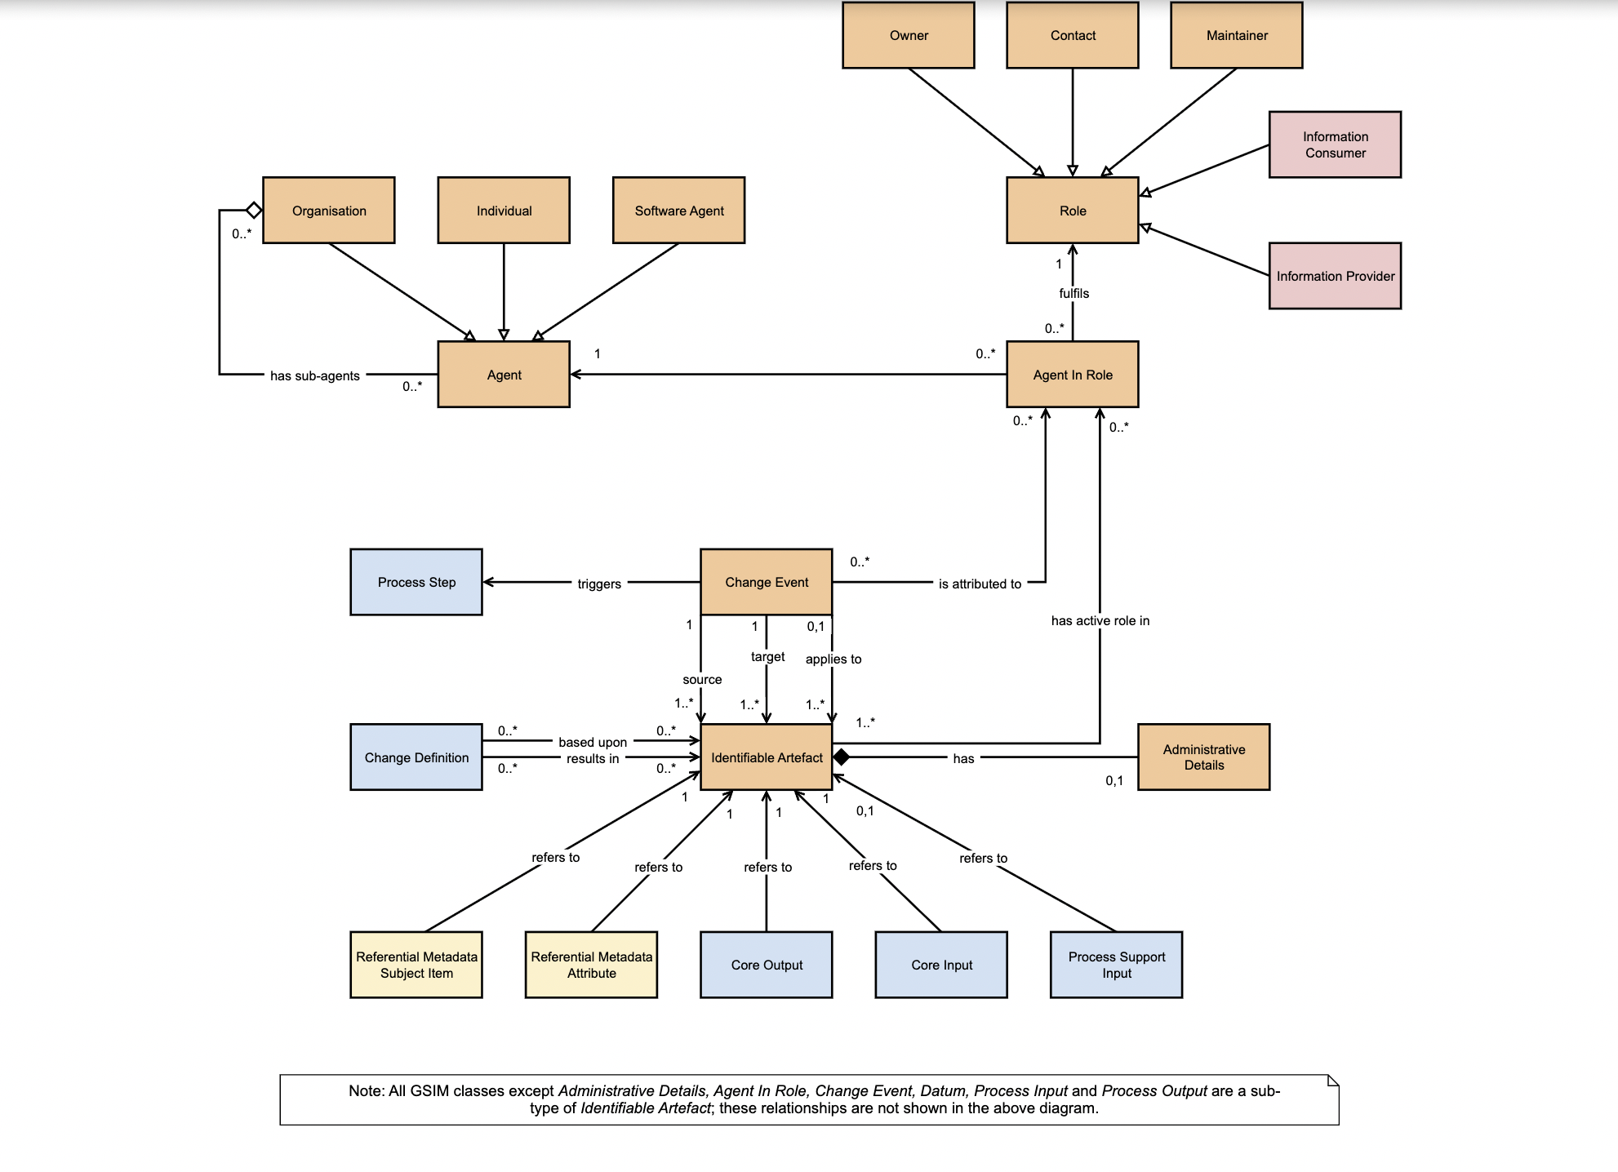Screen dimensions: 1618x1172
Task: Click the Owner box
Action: click(x=909, y=35)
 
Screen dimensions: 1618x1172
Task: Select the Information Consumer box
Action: click(x=1335, y=144)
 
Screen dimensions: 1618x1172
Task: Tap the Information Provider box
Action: click(x=1335, y=276)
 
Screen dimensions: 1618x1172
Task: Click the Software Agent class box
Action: click(x=678, y=211)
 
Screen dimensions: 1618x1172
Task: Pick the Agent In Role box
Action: click(x=1073, y=375)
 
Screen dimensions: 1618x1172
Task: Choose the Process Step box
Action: click(x=416, y=582)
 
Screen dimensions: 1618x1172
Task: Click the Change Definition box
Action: click(x=416, y=757)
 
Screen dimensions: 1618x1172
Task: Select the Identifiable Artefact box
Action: click(x=767, y=757)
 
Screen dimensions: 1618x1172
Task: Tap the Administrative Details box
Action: click(x=1204, y=757)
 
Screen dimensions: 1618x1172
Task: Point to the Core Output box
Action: click(x=767, y=965)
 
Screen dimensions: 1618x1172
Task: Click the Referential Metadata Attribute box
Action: click(x=591, y=965)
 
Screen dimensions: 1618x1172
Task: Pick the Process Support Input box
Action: click(x=1116, y=965)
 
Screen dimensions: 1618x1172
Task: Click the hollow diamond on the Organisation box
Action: click(x=254, y=211)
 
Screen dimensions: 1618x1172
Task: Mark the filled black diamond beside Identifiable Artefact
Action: click(x=842, y=757)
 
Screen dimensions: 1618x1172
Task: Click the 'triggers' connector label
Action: click(x=599, y=584)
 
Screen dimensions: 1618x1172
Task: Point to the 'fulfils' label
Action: click(x=1073, y=293)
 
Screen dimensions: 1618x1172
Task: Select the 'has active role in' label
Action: click(x=1100, y=620)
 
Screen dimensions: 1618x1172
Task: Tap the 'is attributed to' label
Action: click(x=980, y=584)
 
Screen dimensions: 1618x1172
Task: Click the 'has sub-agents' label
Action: click(x=314, y=375)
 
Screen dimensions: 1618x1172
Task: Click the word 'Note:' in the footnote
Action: click(x=367, y=1091)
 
